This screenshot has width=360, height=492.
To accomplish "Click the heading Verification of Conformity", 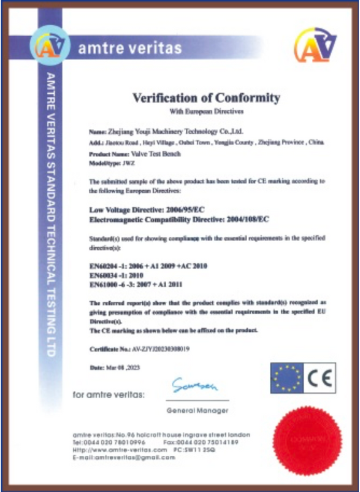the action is click(x=206, y=98).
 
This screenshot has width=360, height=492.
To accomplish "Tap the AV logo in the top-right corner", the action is click(x=315, y=45).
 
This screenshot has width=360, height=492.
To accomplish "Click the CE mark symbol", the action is click(x=320, y=378).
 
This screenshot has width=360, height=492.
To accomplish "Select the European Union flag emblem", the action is click(x=287, y=378).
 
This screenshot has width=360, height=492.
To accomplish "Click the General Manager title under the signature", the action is click(x=197, y=410).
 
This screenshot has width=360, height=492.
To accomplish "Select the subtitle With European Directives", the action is click(x=206, y=112).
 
